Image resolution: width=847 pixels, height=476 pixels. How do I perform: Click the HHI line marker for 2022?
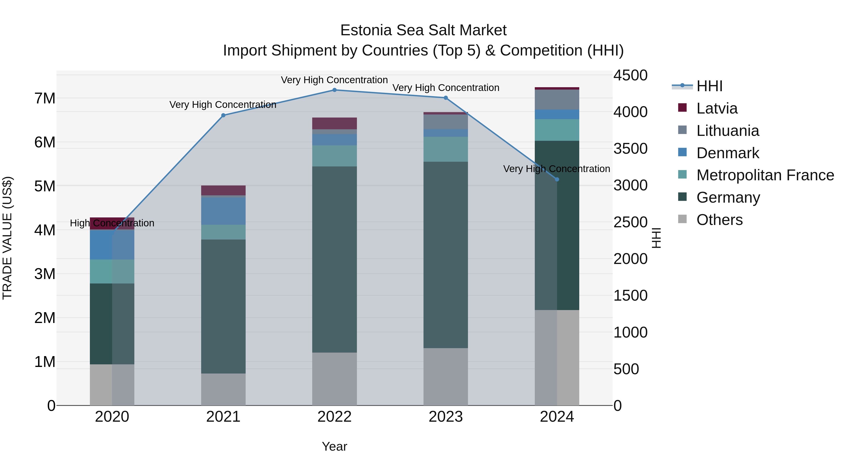pyautogui.click(x=334, y=90)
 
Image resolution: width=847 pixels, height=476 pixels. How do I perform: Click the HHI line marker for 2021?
pyautogui.click(x=223, y=115)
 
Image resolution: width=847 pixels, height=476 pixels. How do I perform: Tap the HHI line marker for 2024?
pyautogui.click(x=557, y=179)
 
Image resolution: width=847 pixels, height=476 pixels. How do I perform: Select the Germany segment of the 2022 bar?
pyautogui.click(x=334, y=260)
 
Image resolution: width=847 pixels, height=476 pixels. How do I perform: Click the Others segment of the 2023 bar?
pyautogui.click(x=446, y=377)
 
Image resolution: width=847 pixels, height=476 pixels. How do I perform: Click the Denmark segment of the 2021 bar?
pyautogui.click(x=223, y=211)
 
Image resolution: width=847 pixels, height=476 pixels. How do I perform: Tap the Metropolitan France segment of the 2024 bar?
pyautogui.click(x=557, y=130)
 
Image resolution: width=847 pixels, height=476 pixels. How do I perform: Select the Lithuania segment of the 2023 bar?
pyautogui.click(x=446, y=122)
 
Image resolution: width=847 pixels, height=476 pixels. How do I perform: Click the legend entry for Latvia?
pyautogui.click(x=717, y=108)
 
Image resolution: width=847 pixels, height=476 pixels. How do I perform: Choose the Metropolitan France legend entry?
pyautogui.click(x=765, y=175)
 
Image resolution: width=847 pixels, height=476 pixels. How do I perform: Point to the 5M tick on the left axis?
pyautogui.click(x=45, y=186)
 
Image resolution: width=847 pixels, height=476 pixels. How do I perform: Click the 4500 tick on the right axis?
pyautogui.click(x=630, y=75)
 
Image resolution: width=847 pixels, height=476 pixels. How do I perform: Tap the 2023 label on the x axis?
pyautogui.click(x=446, y=417)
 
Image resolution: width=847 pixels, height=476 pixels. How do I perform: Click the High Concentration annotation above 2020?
pyautogui.click(x=112, y=223)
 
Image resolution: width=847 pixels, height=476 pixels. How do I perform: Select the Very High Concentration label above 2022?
pyautogui.click(x=334, y=80)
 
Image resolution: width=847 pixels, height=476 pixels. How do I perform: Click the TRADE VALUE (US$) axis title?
pyautogui.click(x=7, y=238)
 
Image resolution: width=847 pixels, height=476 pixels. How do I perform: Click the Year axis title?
pyautogui.click(x=334, y=446)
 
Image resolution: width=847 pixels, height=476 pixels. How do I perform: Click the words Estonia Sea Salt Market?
pyautogui.click(x=423, y=30)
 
